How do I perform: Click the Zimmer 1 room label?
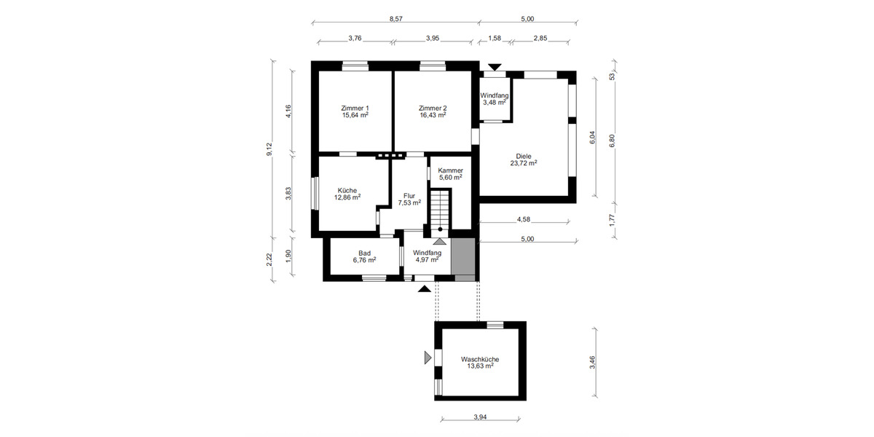pyautogui.click(x=355, y=109)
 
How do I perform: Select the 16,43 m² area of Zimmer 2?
pyautogui.click(x=433, y=115)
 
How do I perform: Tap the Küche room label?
pyautogui.click(x=347, y=190)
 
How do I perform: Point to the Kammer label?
pyautogui.click(x=450, y=170)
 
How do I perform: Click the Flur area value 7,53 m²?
pyautogui.click(x=409, y=203)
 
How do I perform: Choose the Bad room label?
pyautogui.click(x=364, y=253)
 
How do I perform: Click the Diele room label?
pyautogui.click(x=523, y=156)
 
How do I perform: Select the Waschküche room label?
pyautogui.click(x=480, y=360)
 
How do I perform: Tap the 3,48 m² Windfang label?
pyautogui.click(x=495, y=103)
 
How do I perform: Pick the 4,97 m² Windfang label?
pyautogui.click(x=428, y=259)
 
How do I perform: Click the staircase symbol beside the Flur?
pyautogui.click(x=440, y=209)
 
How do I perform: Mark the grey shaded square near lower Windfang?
pyautogui.click(x=463, y=259)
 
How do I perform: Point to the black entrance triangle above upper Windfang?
pyautogui.click(x=495, y=68)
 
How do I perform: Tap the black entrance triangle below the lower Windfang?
pyautogui.click(x=423, y=289)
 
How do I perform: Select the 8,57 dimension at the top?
pyautogui.click(x=395, y=19)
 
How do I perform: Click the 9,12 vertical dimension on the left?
pyautogui.click(x=269, y=149)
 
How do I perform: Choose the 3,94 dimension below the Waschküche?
pyautogui.click(x=480, y=417)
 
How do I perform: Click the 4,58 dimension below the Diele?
pyautogui.click(x=523, y=219)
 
